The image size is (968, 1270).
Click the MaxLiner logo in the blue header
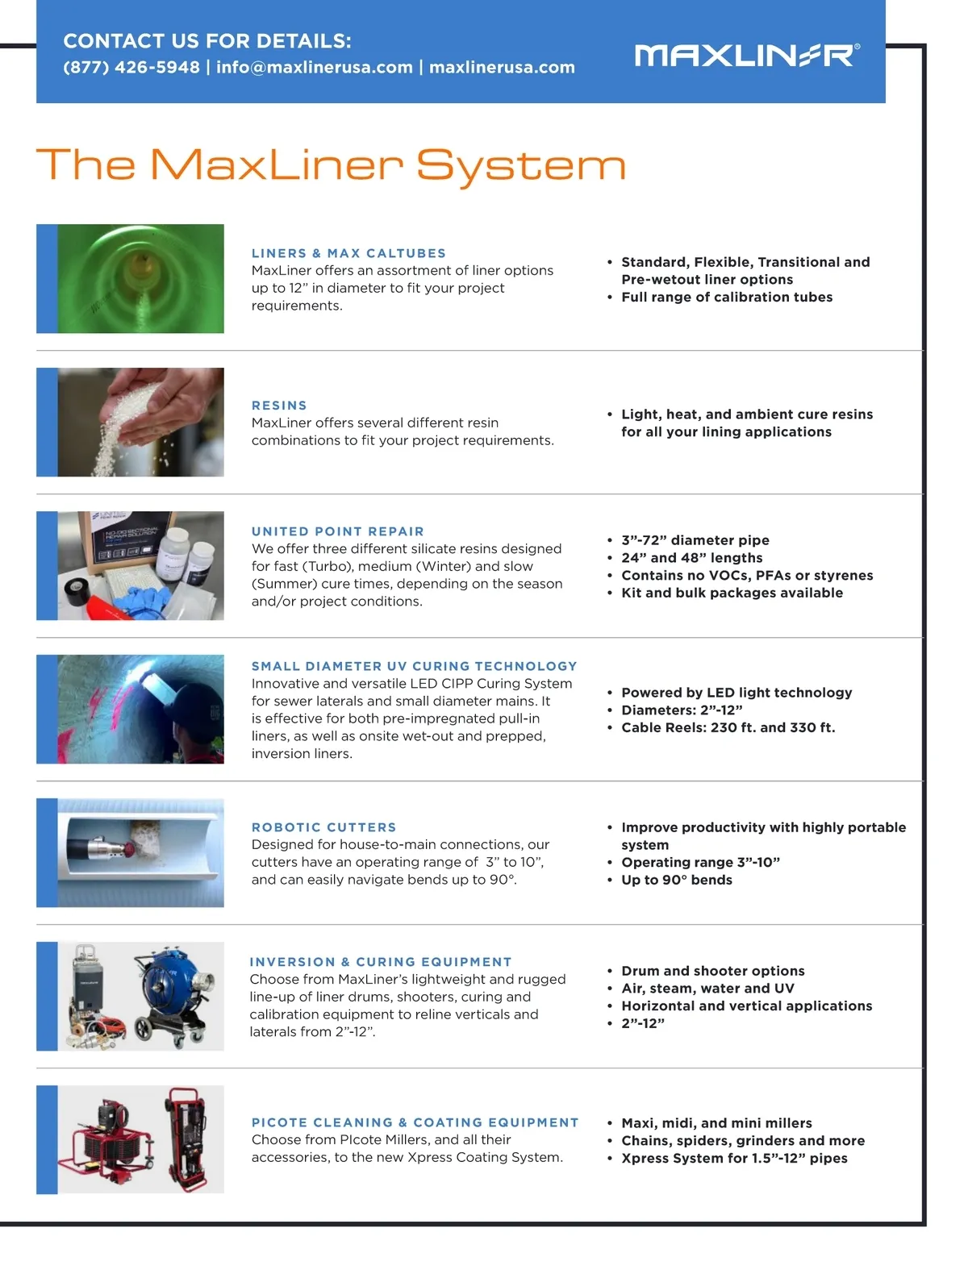coord(746,56)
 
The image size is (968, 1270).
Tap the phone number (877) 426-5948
coord(131,67)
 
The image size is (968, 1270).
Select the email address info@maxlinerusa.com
coord(314,67)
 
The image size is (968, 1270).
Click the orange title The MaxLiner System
coord(331,166)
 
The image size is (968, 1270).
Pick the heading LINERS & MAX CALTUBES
coord(348,253)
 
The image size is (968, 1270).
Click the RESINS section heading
coord(279,405)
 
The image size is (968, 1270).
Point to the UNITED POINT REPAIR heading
coord(337,531)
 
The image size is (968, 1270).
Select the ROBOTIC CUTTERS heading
coord(324,827)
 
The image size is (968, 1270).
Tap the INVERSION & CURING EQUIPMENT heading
coord(381,961)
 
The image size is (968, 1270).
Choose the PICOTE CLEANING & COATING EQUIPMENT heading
coord(415,1122)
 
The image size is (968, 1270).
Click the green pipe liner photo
coord(140,278)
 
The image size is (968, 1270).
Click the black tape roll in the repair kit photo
coord(76,591)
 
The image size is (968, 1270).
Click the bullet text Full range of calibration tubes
coord(727,297)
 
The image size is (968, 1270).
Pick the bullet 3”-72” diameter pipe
coord(695,539)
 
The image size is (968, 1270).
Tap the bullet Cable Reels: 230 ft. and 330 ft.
coord(728,727)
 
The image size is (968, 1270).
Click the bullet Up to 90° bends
coord(676,880)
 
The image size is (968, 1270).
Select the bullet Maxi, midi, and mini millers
coord(716,1122)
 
